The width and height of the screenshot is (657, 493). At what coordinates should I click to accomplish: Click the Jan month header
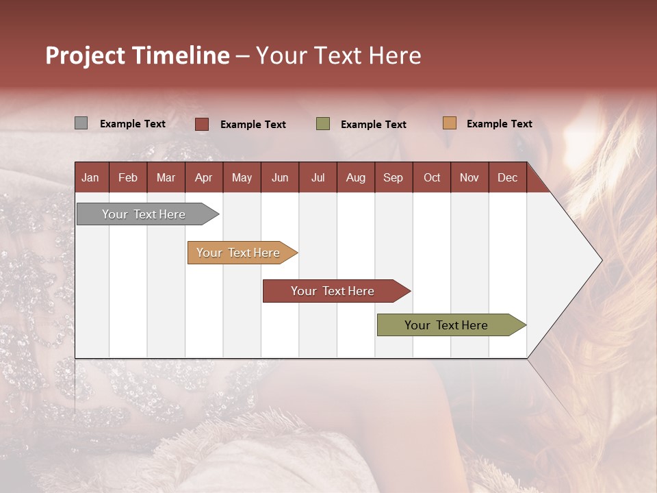90,178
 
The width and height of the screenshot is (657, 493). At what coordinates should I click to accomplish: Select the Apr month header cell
204,178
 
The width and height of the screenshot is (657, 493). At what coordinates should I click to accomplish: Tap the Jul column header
318,178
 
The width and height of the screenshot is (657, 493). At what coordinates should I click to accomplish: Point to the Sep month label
394,178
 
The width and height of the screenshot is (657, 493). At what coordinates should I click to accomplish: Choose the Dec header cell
507,178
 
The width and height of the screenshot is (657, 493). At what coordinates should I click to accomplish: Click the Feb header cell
128,178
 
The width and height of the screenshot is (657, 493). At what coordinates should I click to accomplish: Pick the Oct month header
432,178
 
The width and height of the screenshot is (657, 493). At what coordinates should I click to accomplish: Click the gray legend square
81,123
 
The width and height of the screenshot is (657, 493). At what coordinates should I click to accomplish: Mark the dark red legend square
201,124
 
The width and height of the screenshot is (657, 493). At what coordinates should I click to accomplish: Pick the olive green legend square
323,124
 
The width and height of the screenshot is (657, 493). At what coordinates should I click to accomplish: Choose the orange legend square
449,123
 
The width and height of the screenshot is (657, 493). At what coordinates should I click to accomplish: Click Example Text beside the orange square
499,124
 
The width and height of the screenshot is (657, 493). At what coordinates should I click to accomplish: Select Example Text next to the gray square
133,124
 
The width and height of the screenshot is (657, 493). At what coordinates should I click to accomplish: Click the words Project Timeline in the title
138,55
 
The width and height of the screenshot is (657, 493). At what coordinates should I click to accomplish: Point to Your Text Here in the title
338,55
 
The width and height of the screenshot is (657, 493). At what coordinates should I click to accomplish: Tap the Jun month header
280,178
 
